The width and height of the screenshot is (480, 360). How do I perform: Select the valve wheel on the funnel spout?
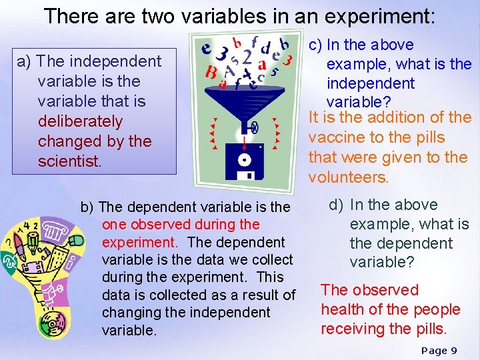(253, 126)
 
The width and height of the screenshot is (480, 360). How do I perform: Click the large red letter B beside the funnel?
(211, 72)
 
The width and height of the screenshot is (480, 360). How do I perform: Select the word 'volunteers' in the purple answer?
(347, 178)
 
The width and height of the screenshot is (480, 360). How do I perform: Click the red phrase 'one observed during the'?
(180, 225)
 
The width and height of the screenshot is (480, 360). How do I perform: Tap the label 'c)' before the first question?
(315, 45)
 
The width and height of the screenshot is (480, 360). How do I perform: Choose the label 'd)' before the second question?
(337, 205)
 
